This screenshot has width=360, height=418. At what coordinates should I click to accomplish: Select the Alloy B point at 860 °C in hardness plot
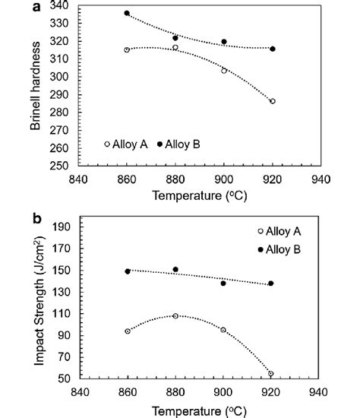(127, 14)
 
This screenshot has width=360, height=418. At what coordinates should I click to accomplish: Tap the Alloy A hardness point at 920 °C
(272, 101)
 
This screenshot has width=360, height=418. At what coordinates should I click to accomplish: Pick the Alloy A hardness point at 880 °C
(175, 47)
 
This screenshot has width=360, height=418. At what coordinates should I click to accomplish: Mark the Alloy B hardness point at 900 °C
(224, 42)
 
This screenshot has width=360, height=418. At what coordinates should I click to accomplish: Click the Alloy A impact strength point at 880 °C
(175, 315)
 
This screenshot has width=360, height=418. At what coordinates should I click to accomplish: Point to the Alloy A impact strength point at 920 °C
(271, 373)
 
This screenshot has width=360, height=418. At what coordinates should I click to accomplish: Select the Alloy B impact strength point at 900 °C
(223, 283)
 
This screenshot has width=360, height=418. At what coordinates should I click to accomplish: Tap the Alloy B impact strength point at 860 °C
(128, 271)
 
